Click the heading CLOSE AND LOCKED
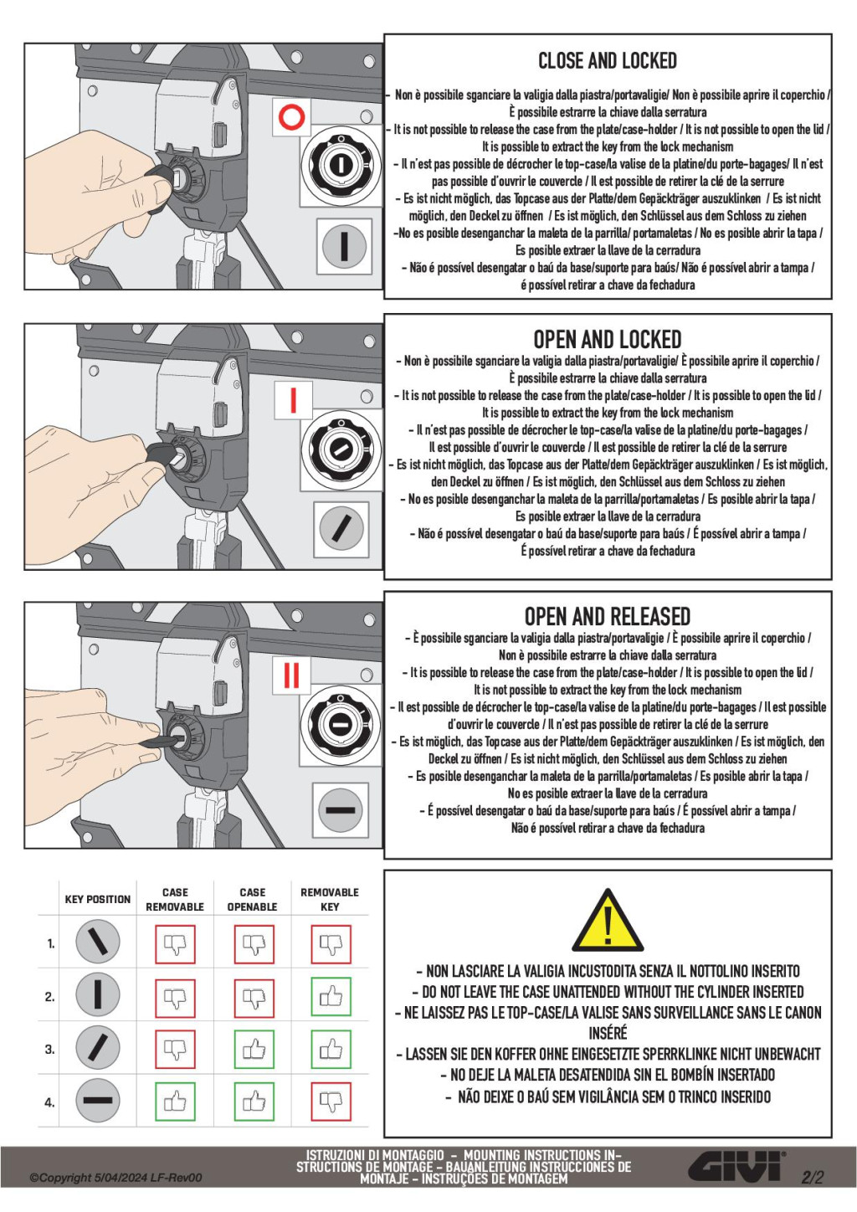[607, 61]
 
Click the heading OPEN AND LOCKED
[607, 340]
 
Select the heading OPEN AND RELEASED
[607, 617]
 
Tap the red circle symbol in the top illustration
[291, 116]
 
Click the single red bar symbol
[293, 399]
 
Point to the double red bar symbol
[291, 675]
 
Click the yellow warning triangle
[608, 921]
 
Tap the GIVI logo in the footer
[736, 1166]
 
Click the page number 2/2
[812, 1177]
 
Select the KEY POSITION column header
[98, 900]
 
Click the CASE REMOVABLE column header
[175, 900]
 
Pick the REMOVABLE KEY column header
[330, 900]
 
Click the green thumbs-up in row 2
[331, 997]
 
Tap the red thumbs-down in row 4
[331, 1102]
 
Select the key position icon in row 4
[98, 1101]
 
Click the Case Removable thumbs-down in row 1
[175, 944]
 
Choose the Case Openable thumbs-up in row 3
[253, 1050]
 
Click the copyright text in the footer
[115, 1178]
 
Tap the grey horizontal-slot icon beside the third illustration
[341, 809]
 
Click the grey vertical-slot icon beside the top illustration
[344, 246]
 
